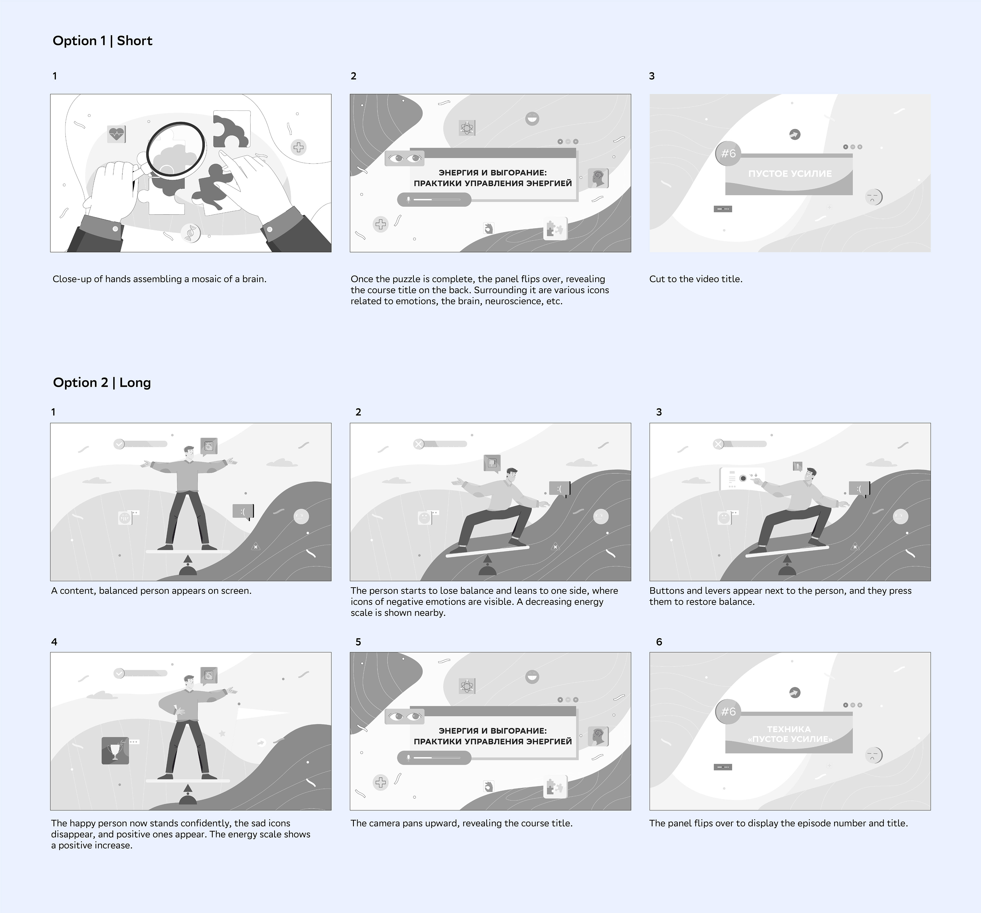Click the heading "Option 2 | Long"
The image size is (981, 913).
(102, 382)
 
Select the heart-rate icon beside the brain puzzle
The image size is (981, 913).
(116, 134)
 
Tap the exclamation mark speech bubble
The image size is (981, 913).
(797, 466)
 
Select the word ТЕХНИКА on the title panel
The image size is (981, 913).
(789, 729)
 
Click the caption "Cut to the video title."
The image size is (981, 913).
(696, 279)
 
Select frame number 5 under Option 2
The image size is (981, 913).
(358, 641)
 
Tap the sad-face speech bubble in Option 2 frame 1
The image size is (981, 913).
(243, 511)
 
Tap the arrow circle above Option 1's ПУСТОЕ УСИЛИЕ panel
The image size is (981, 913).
(795, 134)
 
